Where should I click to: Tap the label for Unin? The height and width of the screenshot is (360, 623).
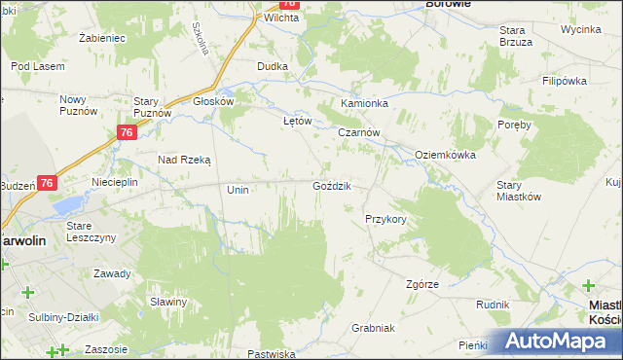pos(238,190)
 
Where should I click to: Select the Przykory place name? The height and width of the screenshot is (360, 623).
pos(385,219)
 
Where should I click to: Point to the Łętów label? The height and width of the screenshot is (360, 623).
pos(296,121)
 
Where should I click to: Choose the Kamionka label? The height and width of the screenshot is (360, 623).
pos(364,103)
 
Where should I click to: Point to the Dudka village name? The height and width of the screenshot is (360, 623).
pos(272,66)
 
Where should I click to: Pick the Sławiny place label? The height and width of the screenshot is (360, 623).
pos(168,301)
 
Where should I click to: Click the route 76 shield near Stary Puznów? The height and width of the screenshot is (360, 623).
pos(126,133)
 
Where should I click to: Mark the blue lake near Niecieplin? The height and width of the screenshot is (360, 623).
pos(68,206)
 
